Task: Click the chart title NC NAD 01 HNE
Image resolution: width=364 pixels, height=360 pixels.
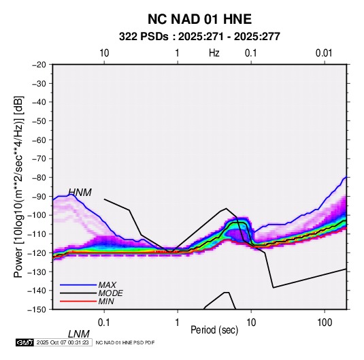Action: [199, 19]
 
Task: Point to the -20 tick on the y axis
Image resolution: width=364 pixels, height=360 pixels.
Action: [39, 65]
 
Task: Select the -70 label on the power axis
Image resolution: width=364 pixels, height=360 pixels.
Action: [39, 159]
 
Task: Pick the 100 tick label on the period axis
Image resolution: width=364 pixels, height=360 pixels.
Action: [325, 323]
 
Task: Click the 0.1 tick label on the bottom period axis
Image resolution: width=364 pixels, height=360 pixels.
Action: [103, 323]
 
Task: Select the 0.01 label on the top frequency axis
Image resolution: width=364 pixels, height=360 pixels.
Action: [324, 53]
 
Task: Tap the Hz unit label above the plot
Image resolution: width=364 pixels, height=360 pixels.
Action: [214, 53]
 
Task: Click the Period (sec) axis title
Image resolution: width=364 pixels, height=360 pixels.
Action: [214, 330]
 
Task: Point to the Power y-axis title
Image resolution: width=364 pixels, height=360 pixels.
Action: [18, 186]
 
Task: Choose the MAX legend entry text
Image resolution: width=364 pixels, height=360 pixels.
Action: [107, 285]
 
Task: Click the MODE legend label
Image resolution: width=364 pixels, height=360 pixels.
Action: [110, 293]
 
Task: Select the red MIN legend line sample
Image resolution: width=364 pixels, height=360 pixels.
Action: [78, 301]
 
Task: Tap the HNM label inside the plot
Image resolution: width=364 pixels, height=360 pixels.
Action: [80, 193]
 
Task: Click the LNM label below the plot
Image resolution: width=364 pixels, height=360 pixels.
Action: [79, 334]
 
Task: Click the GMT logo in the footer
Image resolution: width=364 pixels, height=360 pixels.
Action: [25, 342]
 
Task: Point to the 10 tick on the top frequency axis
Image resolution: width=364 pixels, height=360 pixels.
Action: [104, 53]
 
